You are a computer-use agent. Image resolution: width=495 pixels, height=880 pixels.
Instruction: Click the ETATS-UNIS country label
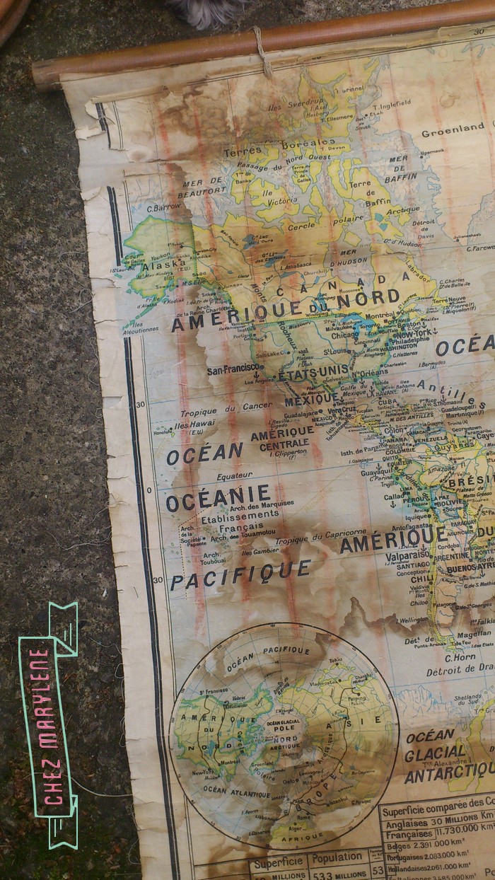coord(315,372)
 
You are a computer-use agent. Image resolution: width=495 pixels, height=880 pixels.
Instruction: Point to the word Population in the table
coord(337,857)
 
